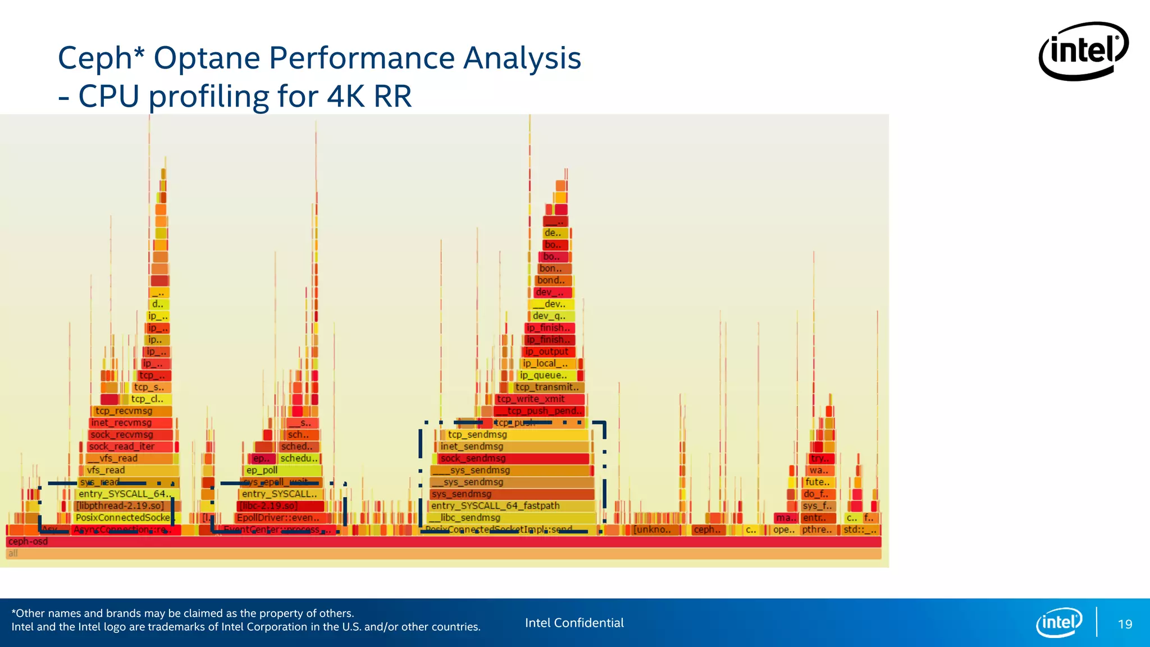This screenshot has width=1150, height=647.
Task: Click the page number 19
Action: pos(1125,624)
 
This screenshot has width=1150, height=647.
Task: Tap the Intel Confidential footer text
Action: pos(574,622)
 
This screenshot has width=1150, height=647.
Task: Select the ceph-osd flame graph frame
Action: pos(444,541)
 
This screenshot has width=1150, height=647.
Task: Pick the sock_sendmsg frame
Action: pos(511,458)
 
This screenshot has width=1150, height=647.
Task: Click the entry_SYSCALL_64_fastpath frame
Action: pos(511,505)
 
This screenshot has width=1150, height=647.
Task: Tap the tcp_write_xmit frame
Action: pos(539,399)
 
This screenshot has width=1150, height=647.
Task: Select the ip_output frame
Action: pos(547,352)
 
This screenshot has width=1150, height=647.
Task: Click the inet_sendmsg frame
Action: pos(511,446)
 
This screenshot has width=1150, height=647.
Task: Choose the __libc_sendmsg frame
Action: pos(511,517)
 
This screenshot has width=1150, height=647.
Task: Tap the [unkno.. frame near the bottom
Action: pos(654,530)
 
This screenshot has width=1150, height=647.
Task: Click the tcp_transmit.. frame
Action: pos(548,387)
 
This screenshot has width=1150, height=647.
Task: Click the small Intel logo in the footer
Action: pos(1059,622)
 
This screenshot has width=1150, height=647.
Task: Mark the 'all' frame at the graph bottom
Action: pos(444,553)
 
